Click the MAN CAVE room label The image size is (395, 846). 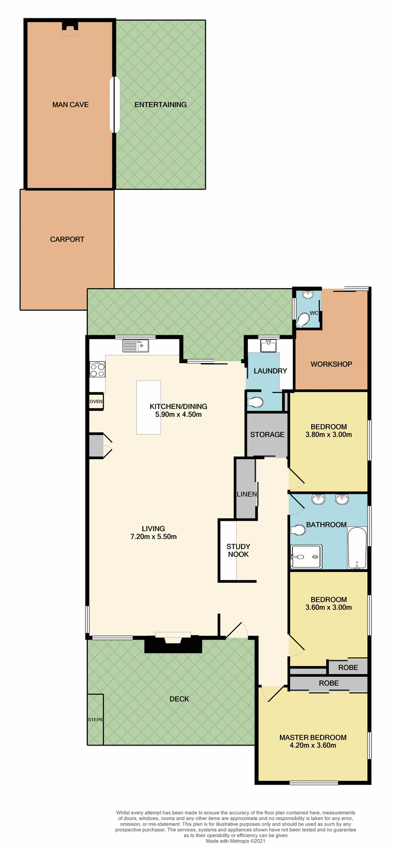(x=71, y=105)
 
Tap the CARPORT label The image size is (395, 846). (x=67, y=239)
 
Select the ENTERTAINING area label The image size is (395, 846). (x=160, y=105)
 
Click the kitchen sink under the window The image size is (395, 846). (x=135, y=346)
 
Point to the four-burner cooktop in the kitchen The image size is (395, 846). (x=97, y=369)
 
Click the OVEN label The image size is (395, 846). (x=96, y=401)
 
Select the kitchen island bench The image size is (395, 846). (x=149, y=407)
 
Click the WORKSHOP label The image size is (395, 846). (x=331, y=364)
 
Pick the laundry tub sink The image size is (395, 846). (x=268, y=346)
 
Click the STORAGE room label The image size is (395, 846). (x=267, y=434)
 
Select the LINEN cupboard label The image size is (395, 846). (x=246, y=494)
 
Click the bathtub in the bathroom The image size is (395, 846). (x=357, y=549)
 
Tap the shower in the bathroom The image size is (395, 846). (x=306, y=557)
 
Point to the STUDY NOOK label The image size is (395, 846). (x=238, y=550)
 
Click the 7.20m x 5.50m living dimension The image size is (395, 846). (x=153, y=537)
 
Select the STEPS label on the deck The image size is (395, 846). (x=95, y=720)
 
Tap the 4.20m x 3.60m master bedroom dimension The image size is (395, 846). (x=313, y=746)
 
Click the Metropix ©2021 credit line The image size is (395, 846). (x=235, y=841)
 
